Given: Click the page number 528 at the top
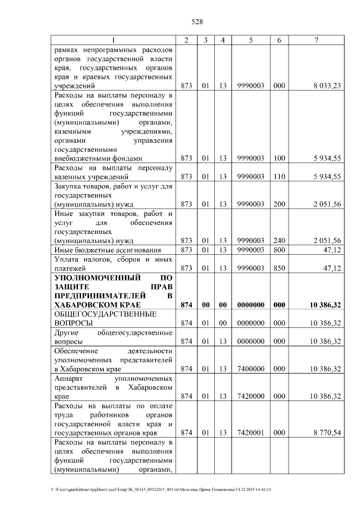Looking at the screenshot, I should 197,22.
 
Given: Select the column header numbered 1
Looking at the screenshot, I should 112,40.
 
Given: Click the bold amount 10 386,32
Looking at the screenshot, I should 326,305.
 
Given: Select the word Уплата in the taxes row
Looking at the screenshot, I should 67,259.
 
